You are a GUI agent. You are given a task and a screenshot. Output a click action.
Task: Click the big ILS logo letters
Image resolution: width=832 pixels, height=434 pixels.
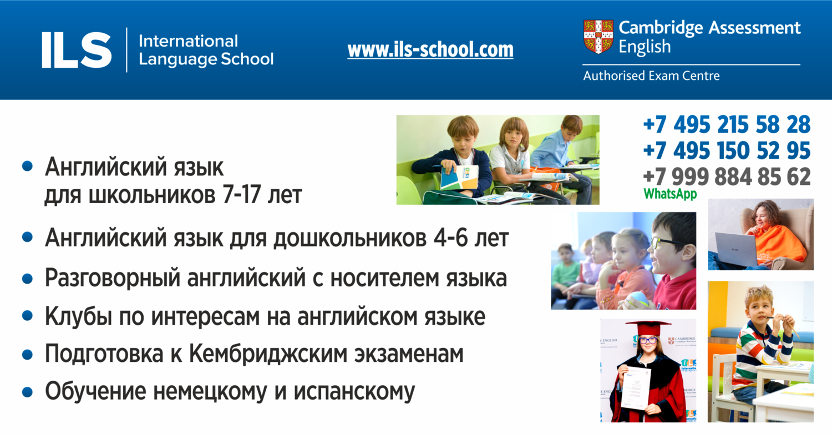pyautogui.click(x=77, y=50)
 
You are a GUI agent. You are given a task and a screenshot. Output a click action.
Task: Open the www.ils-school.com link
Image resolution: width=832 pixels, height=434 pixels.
pyautogui.click(x=430, y=49)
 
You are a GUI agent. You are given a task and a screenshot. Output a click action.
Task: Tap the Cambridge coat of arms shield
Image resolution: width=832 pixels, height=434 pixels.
pyautogui.click(x=598, y=37)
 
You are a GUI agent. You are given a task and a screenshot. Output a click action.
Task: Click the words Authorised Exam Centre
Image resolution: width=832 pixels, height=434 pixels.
pyautogui.click(x=651, y=76)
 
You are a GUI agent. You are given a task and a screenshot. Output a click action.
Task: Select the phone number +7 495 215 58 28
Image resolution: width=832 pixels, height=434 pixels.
pyautogui.click(x=727, y=124)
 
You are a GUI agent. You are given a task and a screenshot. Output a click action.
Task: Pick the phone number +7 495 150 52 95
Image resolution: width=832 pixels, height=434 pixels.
pyautogui.click(x=727, y=150)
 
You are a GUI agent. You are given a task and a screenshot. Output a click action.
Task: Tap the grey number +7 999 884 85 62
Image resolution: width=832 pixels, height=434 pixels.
pyautogui.click(x=727, y=176)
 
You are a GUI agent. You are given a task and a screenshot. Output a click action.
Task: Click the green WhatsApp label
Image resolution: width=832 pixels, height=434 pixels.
pyautogui.click(x=670, y=194)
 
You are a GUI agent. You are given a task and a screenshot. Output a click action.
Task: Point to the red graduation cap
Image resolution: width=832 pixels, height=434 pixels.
pyautogui.click(x=648, y=328)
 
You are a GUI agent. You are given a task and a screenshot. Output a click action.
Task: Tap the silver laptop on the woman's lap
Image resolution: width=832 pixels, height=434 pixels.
pyautogui.click(x=737, y=249)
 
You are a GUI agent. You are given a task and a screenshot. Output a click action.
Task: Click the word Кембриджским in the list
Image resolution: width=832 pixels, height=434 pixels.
pyautogui.click(x=268, y=354)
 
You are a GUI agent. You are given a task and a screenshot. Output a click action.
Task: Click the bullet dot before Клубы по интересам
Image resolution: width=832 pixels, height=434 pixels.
pyautogui.click(x=27, y=316)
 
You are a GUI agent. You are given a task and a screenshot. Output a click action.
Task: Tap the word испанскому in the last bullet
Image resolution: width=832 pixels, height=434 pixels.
pyautogui.click(x=354, y=392)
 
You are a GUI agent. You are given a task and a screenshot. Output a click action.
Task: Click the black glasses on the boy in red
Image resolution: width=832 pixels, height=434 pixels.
pyautogui.click(x=666, y=243)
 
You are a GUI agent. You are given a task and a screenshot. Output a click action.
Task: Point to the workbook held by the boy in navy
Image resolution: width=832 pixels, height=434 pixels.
pyautogui.click(x=459, y=177)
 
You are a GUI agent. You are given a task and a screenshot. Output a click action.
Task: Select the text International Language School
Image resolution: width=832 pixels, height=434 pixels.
pyautogui.click(x=206, y=50)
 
